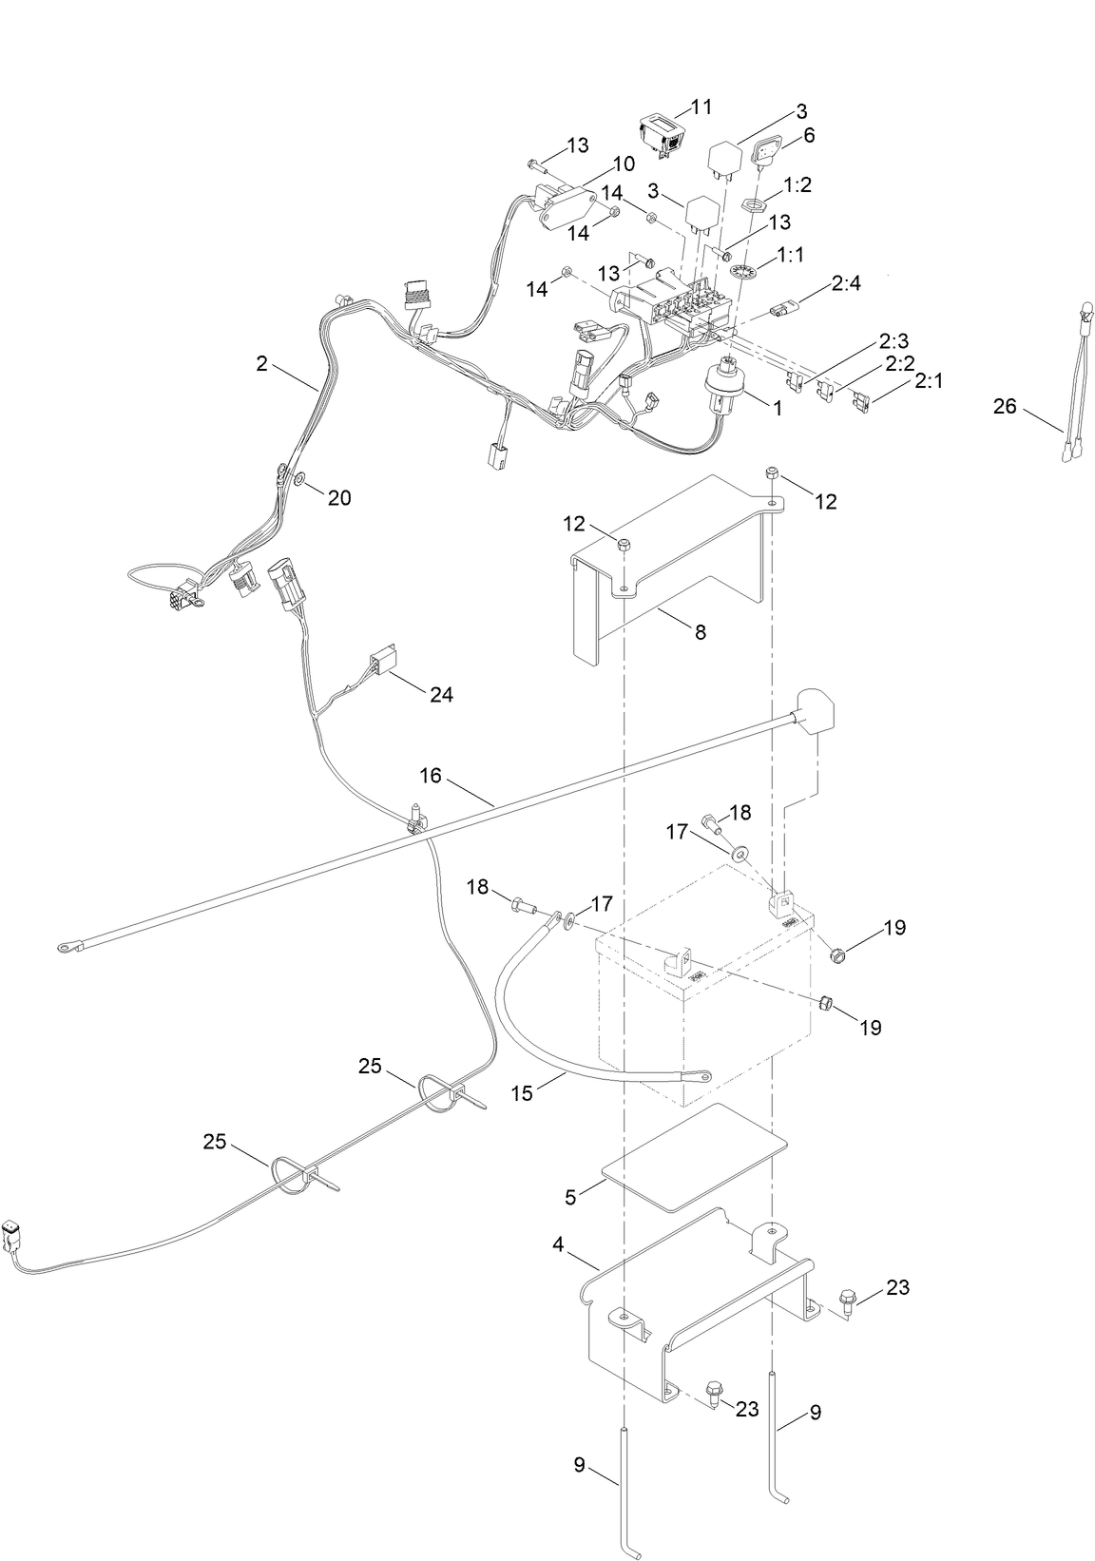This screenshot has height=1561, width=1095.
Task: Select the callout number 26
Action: point(1005,407)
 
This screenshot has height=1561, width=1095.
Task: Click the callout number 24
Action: point(441,695)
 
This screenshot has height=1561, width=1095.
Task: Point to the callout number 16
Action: point(431,777)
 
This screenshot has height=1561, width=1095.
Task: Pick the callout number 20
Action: point(339,497)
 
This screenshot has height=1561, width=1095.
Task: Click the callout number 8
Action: point(701,631)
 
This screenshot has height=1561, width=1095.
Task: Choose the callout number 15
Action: point(522,1093)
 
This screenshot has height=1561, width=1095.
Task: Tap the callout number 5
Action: point(570,1198)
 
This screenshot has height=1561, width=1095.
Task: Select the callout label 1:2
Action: point(797,184)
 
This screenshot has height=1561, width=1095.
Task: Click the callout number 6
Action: point(809,135)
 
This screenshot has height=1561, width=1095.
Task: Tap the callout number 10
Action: point(624,164)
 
